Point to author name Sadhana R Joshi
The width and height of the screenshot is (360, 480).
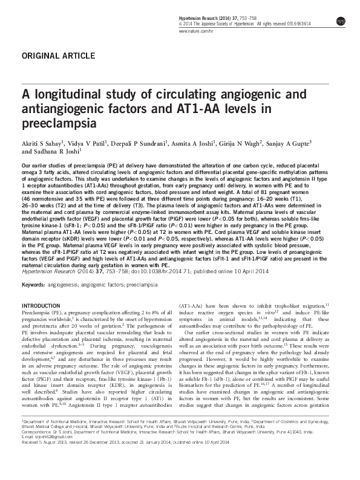(57, 153)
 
